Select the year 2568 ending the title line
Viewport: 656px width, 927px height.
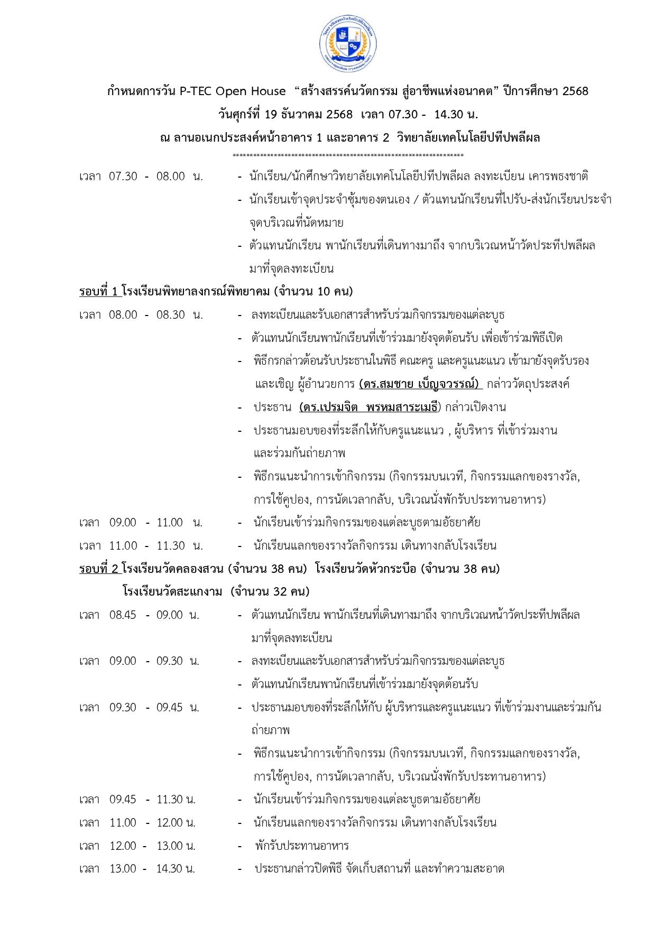click(575, 91)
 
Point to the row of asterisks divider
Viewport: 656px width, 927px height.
click(348, 155)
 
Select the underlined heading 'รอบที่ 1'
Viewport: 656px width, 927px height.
click(99, 291)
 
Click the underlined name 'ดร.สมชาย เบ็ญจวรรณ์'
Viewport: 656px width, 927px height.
click(420, 384)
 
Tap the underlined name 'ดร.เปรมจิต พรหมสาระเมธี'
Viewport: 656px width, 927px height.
click(368, 407)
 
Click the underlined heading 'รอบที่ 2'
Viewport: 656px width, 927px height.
click(99, 569)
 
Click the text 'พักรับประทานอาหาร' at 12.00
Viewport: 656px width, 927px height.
click(302, 846)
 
